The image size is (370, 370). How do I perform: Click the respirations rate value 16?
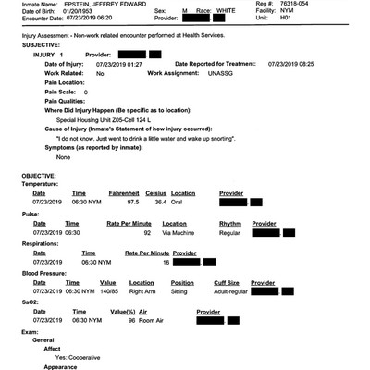(166, 262)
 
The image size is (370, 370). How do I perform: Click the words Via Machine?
(179, 232)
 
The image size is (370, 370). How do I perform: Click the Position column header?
(183, 281)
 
